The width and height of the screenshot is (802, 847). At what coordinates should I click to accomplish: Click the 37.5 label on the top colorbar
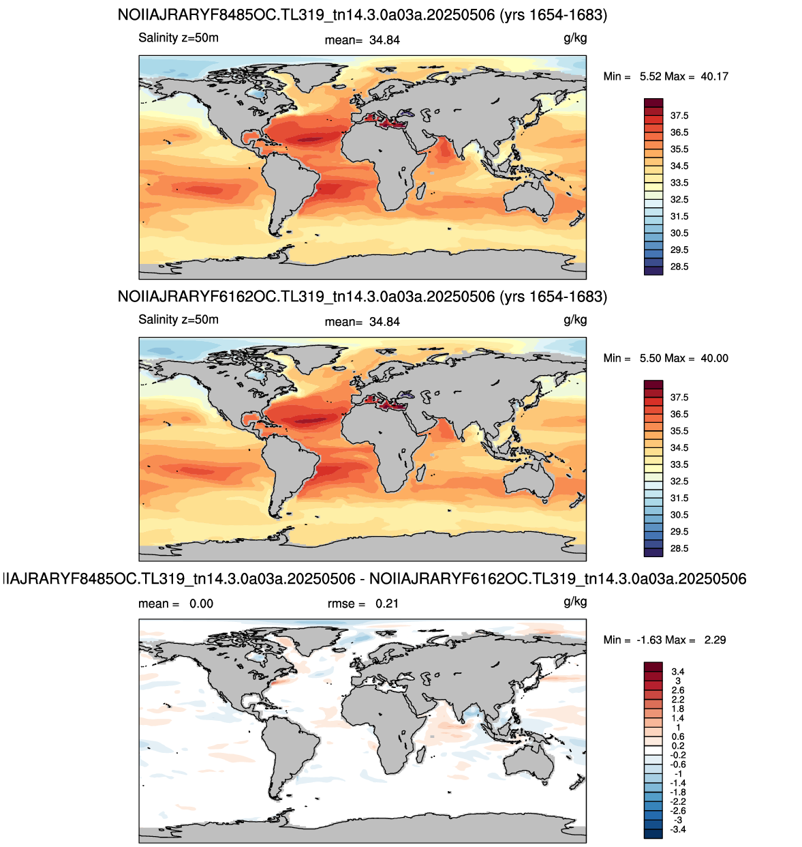[x=679, y=115]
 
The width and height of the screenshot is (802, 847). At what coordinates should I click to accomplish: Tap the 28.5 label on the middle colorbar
[x=679, y=548]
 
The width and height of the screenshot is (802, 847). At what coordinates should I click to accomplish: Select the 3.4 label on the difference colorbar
[x=677, y=672]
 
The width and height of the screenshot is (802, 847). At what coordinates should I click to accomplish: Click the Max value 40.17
[x=714, y=76]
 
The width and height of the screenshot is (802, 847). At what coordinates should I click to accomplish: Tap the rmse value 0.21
[x=386, y=603]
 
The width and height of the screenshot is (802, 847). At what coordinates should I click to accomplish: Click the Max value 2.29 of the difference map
[x=715, y=640]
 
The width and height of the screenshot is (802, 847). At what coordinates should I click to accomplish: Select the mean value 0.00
[x=201, y=603]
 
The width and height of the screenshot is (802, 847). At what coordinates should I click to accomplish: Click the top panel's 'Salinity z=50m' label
[x=179, y=38]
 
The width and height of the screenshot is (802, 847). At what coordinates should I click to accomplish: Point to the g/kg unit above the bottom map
[x=575, y=602]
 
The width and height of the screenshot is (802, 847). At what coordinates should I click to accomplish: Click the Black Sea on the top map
[x=406, y=114]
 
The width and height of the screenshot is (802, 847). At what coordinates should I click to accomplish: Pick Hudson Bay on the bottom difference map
[x=258, y=659]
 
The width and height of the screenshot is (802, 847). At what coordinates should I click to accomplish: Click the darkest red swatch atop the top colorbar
[x=653, y=102]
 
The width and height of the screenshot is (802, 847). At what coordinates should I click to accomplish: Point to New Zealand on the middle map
[x=577, y=501]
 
